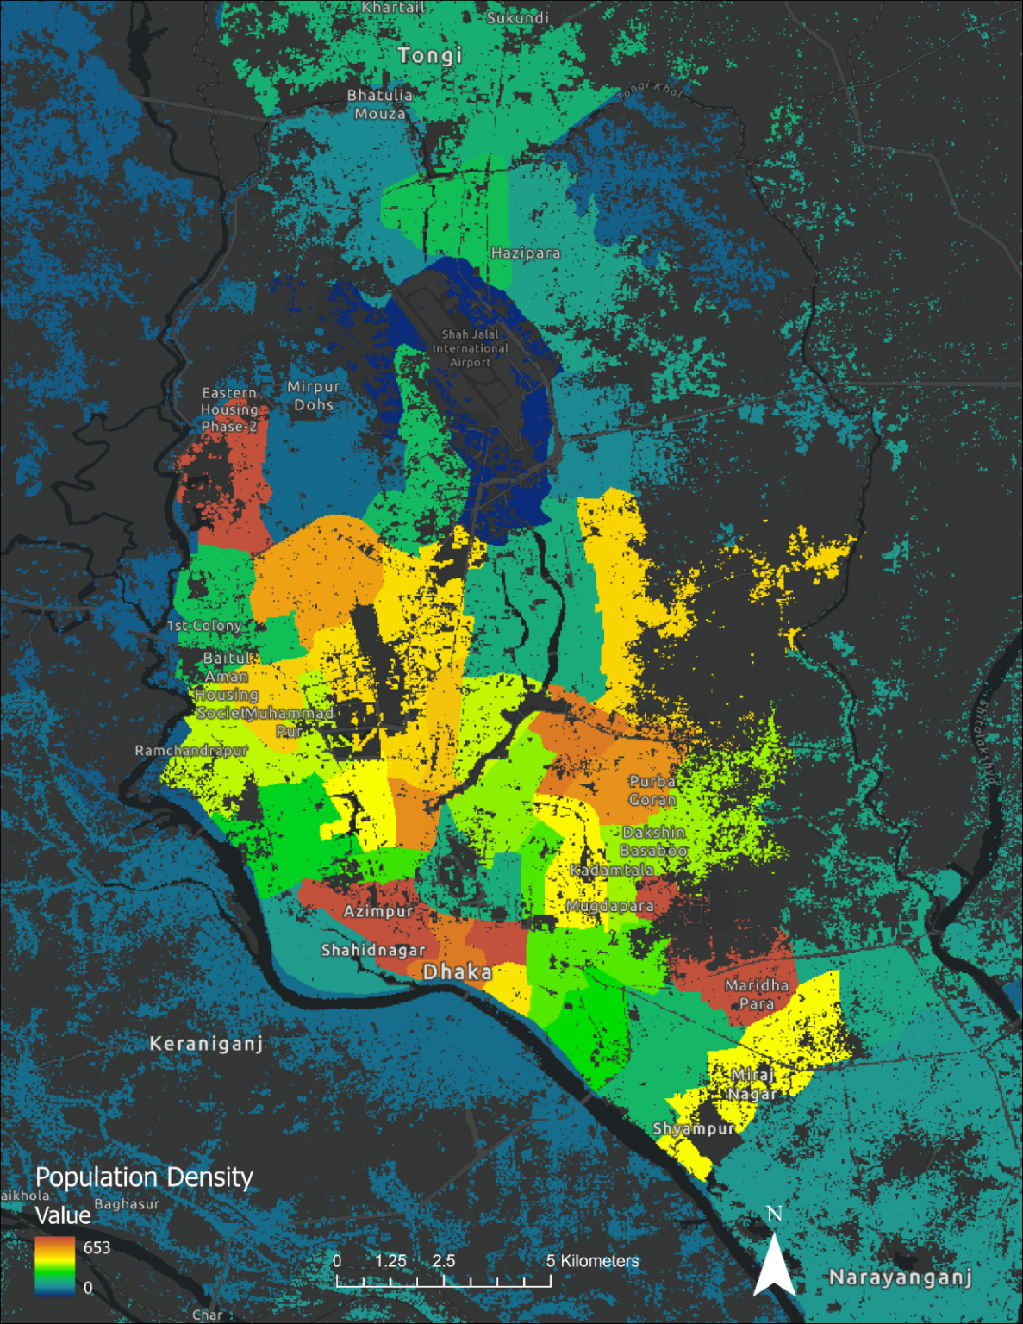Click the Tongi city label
pos(430,55)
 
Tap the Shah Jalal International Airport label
pos(470,348)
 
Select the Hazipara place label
pos(526,253)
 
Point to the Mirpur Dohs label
pos(314,396)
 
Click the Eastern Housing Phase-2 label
pos(229,409)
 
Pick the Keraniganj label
pos(206,1044)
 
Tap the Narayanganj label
pos(901,1277)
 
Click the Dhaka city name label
pos(458,972)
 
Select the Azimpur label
pos(378,911)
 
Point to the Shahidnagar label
pos(373,950)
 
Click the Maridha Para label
pos(757,994)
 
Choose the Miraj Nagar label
pos(754,1084)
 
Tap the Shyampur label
pos(694,1128)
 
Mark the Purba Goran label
pos(652,790)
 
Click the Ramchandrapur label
pos(191,751)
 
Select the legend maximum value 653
pos(97,1247)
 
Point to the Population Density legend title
pos(144,1177)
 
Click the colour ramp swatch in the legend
pos(55,1266)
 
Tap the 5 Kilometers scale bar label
pos(593,1261)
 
